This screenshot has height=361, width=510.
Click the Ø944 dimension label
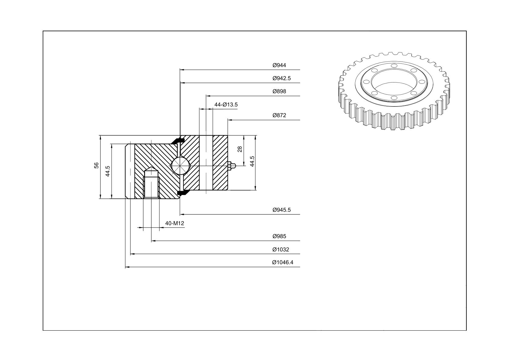(279, 65)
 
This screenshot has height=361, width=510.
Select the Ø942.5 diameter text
(281, 78)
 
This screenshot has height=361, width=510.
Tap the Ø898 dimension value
(279, 91)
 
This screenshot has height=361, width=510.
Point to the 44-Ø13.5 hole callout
(226, 105)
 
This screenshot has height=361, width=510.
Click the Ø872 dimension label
(279, 115)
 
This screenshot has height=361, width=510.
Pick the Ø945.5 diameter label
(281, 210)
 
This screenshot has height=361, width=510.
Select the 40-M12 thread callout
(174, 223)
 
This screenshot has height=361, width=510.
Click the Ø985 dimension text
(279, 236)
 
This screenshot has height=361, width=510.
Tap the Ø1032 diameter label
(280, 250)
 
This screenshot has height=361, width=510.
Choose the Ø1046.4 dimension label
(283, 262)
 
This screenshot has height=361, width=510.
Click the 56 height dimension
(96, 165)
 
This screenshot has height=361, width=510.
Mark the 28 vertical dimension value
(240, 149)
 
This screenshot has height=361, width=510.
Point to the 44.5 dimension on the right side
(252, 161)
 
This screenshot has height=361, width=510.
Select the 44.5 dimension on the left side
(108, 171)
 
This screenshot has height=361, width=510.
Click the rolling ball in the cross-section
(180, 166)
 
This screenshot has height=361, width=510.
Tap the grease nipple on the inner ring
(232, 166)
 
